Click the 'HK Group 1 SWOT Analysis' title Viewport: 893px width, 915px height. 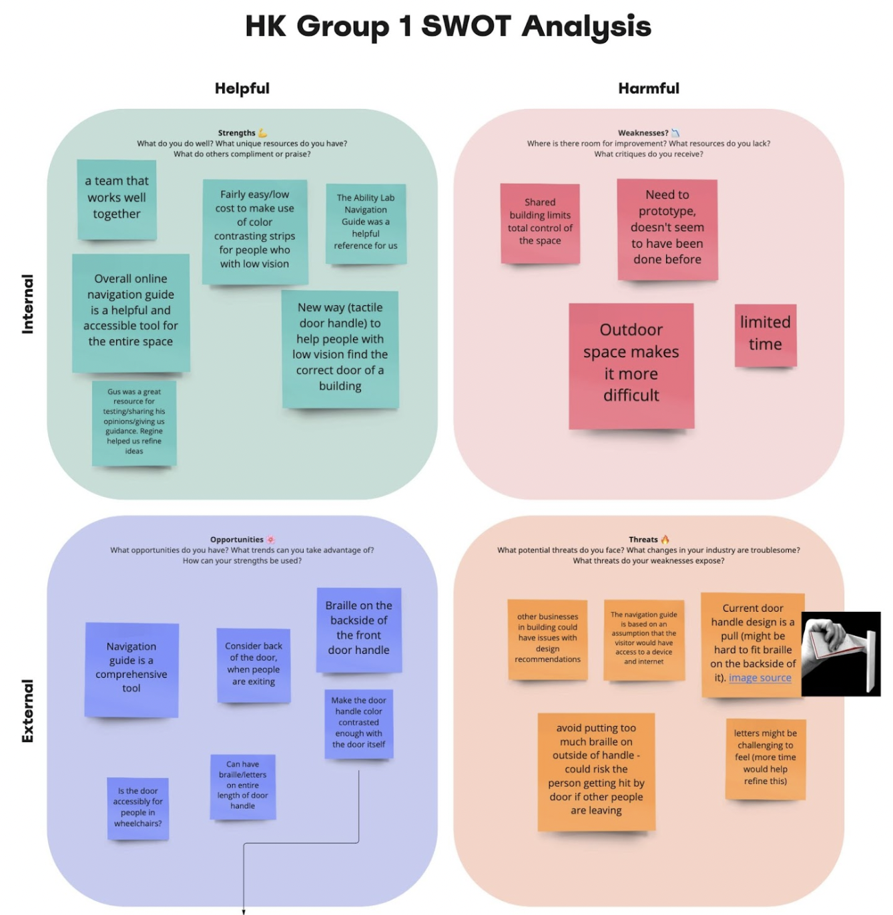click(448, 27)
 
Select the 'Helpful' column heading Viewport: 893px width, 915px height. click(242, 88)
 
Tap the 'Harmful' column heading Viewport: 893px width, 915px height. click(649, 88)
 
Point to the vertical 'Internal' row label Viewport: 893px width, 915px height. click(27, 304)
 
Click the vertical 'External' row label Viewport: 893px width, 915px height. click(27, 711)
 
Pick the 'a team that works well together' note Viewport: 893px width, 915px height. click(117, 199)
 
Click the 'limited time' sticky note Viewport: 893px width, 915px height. click(766, 334)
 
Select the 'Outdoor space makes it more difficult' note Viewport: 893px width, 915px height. click(631, 365)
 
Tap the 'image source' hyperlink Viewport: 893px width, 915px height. click(760, 678)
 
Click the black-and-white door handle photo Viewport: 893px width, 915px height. click(841, 653)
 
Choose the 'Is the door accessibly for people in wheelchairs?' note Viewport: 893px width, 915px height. click(137, 807)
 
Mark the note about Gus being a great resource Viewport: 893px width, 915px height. click(134, 422)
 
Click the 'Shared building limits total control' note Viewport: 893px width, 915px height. click(540, 222)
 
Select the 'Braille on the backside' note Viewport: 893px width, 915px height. click(359, 628)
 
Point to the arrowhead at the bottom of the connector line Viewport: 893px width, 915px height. click(244, 911)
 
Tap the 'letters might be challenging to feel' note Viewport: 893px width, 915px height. click(766, 758)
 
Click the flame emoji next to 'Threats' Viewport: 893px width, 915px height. click(665, 539)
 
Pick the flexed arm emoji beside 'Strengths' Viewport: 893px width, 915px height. click(263, 133)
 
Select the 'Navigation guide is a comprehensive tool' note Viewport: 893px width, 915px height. click(131, 669)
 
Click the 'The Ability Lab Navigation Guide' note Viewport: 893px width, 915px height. click(366, 223)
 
